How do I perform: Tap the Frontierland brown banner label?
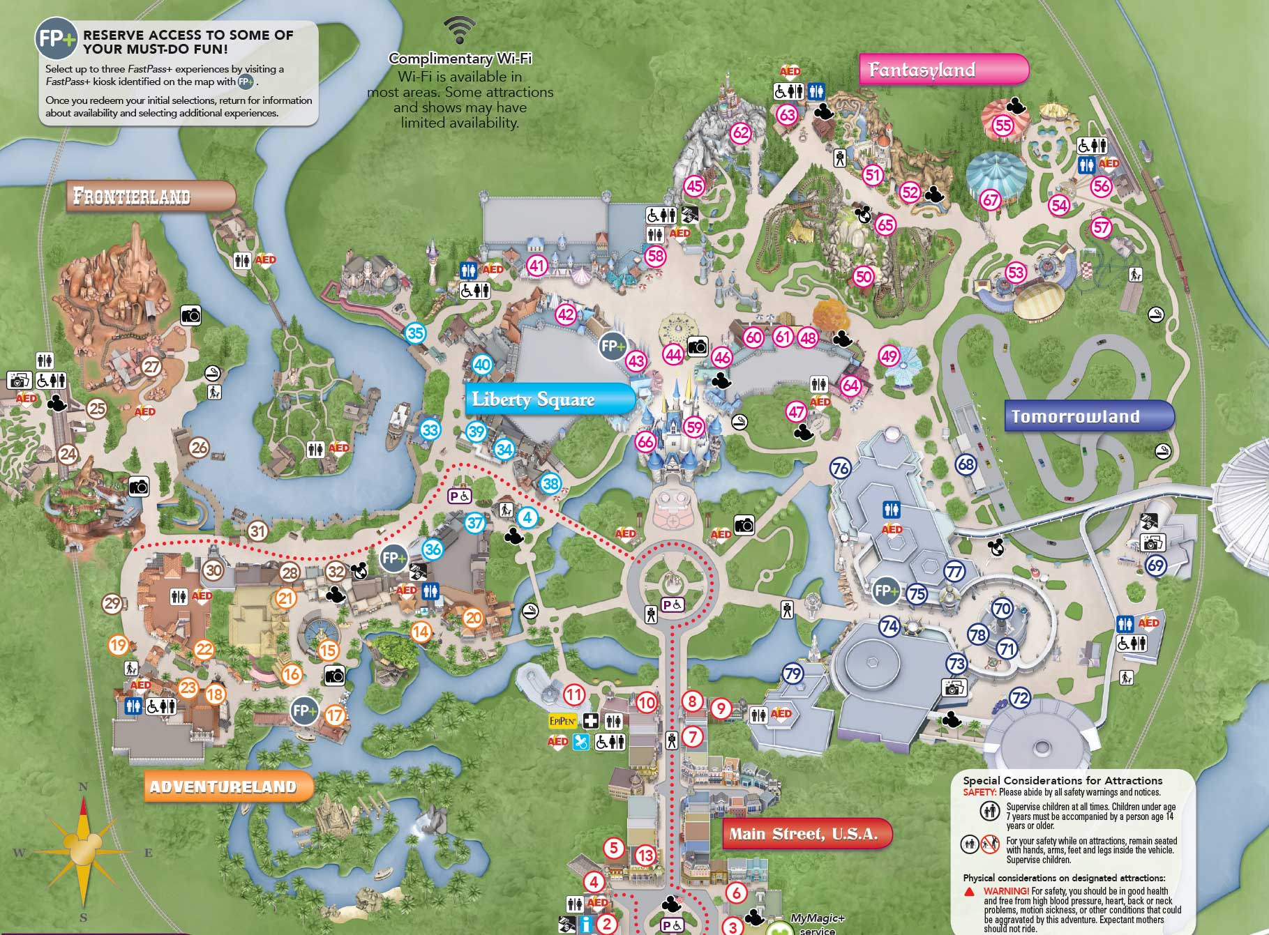tap(151, 197)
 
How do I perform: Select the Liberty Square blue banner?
tap(548, 400)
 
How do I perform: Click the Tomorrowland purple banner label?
tap(1087, 416)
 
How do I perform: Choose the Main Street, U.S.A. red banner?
tap(806, 834)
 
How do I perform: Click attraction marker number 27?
tap(151, 366)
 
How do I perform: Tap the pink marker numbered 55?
tap(1003, 126)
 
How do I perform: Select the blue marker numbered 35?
tap(416, 333)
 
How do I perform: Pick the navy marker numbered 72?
tap(1020, 698)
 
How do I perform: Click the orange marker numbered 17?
tap(336, 715)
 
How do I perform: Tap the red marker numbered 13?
tap(645, 856)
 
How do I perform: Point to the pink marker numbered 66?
tap(646, 441)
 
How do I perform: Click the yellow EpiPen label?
tap(563, 721)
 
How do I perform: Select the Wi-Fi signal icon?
tap(460, 30)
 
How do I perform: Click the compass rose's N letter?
tap(83, 787)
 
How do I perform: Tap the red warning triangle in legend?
tap(970, 892)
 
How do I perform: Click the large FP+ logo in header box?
tap(57, 38)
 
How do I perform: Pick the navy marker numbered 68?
tap(966, 464)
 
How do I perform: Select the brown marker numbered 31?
tap(258, 531)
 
